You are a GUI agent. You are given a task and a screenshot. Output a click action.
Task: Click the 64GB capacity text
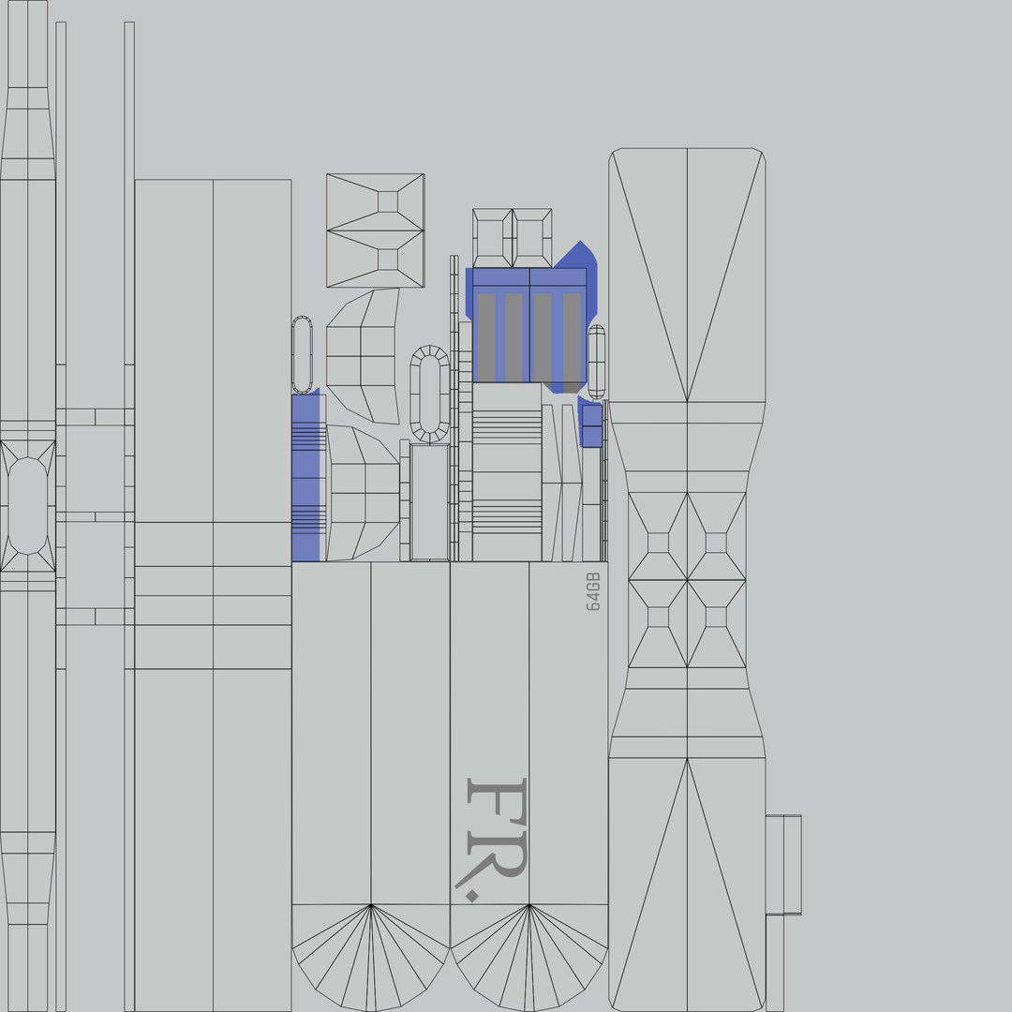(593, 591)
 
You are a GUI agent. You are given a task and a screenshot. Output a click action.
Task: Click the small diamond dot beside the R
(472, 896)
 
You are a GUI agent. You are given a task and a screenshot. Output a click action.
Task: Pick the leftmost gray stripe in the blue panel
(486, 337)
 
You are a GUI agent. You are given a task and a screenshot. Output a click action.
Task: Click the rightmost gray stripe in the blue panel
(572, 343)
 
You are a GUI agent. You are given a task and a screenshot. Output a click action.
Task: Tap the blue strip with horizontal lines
(305, 476)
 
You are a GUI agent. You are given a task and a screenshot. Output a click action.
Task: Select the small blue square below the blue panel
(592, 425)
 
